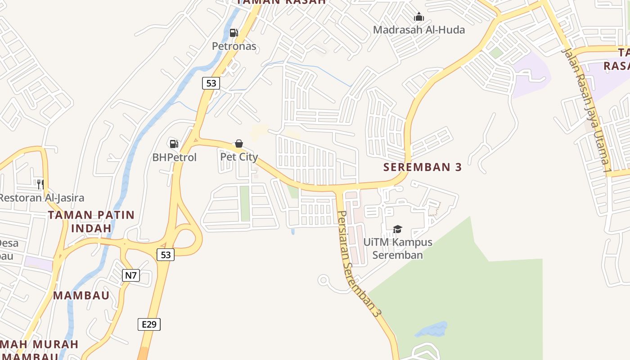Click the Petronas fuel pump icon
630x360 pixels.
[x=234, y=33]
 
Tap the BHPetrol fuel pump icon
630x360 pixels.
[x=174, y=144]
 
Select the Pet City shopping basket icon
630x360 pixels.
[x=239, y=144]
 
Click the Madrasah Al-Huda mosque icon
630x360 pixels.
[x=419, y=17]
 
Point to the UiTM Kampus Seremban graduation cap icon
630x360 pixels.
[x=397, y=229]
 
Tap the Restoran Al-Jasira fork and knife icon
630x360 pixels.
[x=40, y=184]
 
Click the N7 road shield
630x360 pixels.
[x=130, y=275]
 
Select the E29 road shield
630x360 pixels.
[x=149, y=324]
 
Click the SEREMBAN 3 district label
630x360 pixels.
[x=423, y=167]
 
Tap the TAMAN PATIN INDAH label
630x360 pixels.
[x=91, y=221]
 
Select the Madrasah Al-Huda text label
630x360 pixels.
[x=419, y=30]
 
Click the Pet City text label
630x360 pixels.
[x=239, y=157]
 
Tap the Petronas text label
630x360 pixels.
[x=234, y=46]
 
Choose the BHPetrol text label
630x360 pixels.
[x=175, y=157]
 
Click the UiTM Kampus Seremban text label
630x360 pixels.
[x=398, y=248]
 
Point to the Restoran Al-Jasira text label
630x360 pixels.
[x=41, y=198]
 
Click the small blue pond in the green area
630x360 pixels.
[x=432, y=330]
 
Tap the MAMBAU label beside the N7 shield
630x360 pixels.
[x=81, y=296]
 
